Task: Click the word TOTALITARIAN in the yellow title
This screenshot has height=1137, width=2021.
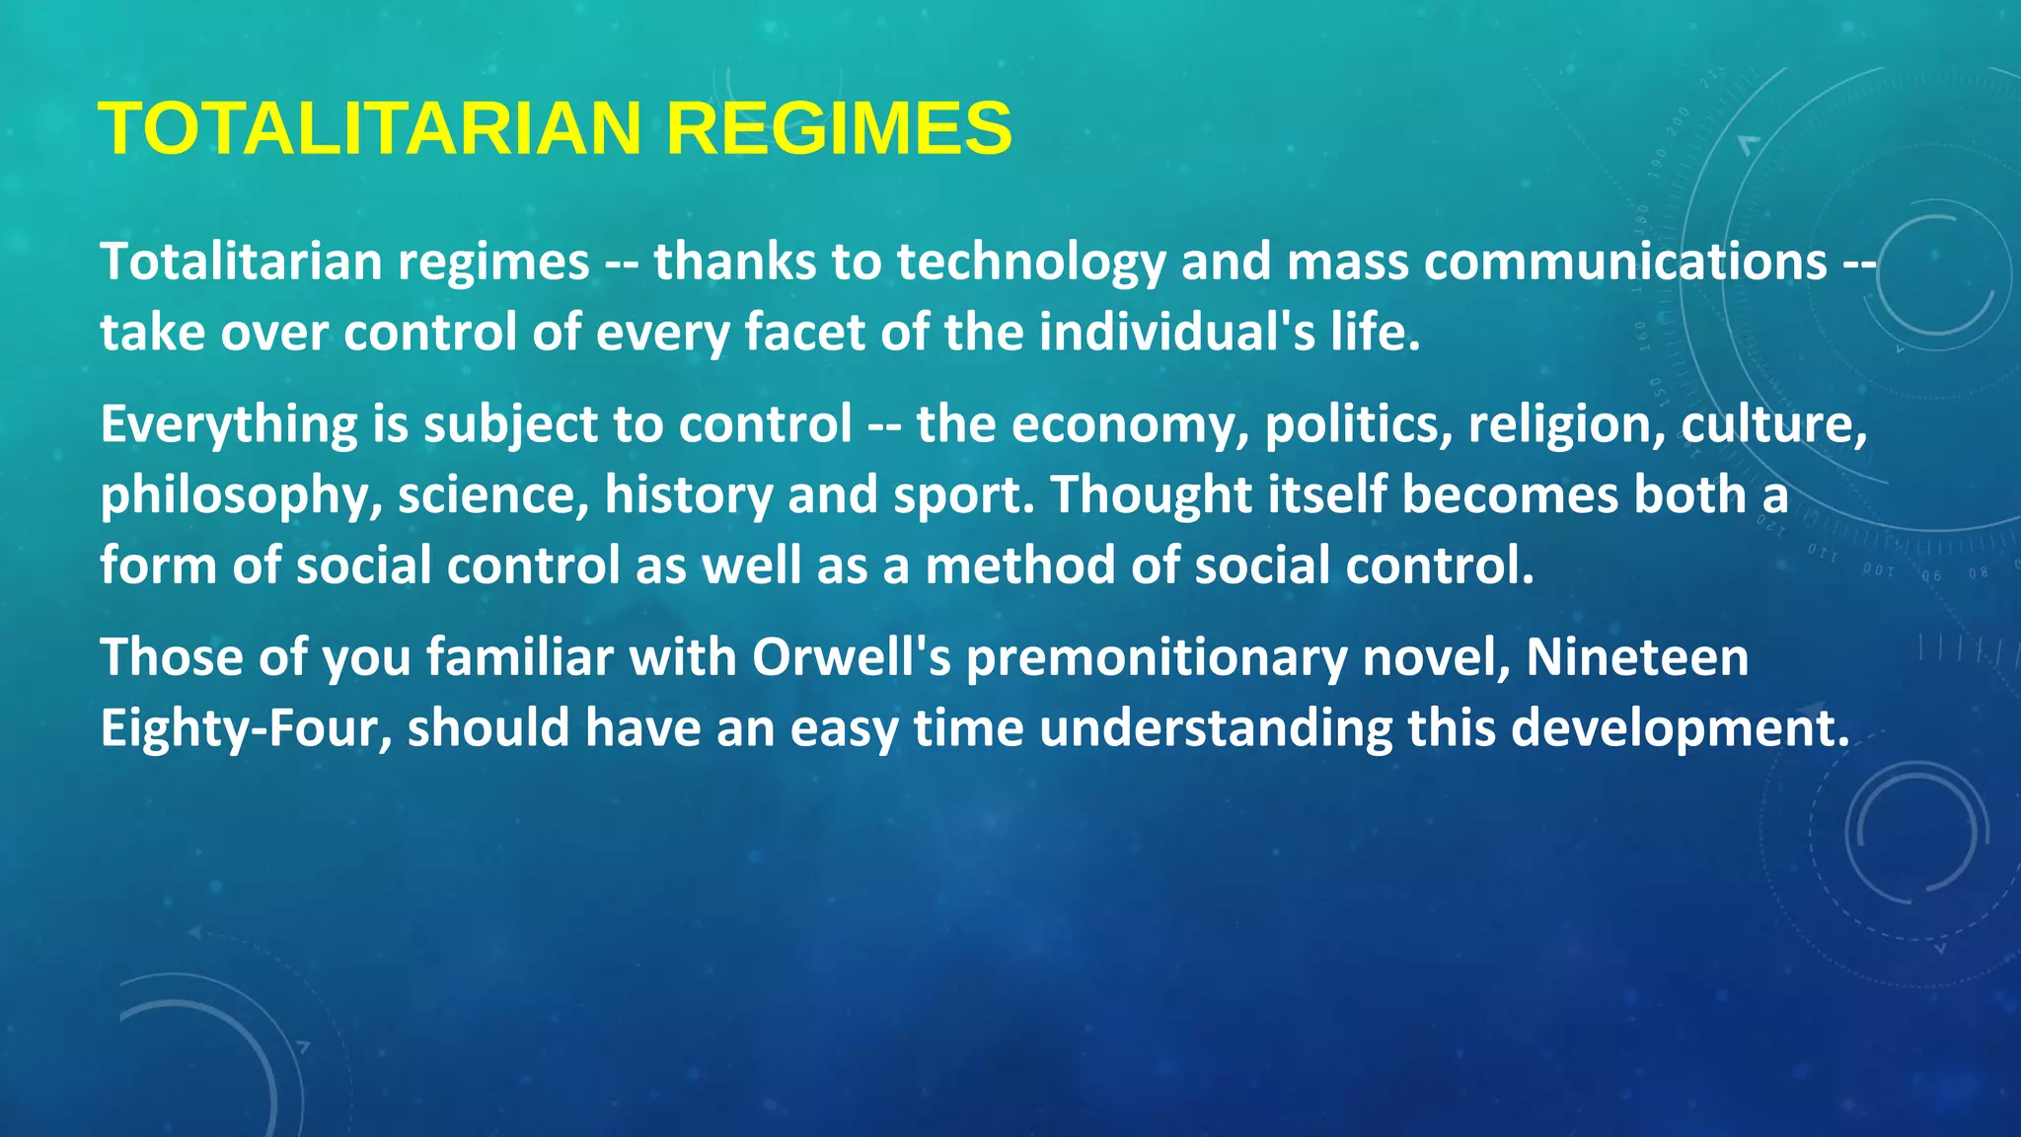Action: pos(370,128)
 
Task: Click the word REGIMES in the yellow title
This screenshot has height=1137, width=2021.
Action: pos(839,128)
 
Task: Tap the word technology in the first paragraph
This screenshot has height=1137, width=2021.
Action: pos(1031,263)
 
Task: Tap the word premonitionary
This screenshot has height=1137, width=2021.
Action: pos(1156,657)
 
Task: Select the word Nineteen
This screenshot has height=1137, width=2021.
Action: pos(1637,657)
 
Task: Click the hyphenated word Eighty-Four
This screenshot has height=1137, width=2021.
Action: pos(246,728)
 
